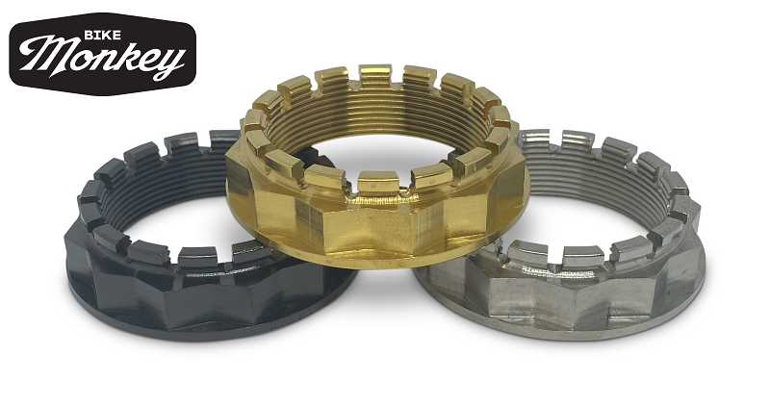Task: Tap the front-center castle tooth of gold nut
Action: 377,182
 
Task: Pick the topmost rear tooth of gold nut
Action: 374,75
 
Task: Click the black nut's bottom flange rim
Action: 211,328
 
